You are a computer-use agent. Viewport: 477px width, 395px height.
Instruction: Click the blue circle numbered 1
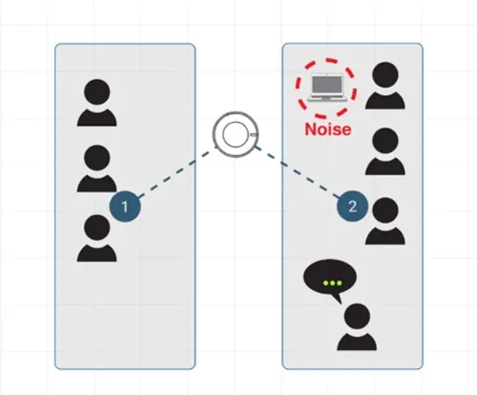click(125, 207)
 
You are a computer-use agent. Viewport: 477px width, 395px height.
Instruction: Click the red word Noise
click(327, 127)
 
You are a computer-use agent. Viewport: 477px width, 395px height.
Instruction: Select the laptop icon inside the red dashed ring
click(326, 88)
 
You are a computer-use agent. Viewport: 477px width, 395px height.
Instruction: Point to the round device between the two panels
click(234, 134)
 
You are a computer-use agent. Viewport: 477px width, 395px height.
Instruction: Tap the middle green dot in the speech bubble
click(331, 283)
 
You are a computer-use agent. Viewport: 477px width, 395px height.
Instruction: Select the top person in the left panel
click(97, 104)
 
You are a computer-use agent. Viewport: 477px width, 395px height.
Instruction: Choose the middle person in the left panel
click(97, 169)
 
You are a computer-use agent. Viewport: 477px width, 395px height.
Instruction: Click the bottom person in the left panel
click(97, 239)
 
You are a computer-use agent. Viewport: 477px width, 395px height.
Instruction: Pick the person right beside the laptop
click(385, 86)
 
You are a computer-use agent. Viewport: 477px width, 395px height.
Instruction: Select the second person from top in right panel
click(385, 153)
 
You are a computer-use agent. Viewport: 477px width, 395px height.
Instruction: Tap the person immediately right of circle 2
click(386, 222)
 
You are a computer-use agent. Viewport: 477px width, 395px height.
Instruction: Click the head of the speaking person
click(357, 316)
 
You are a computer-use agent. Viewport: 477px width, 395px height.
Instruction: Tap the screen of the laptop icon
click(326, 85)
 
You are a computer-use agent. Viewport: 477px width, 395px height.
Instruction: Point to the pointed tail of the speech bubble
click(339, 300)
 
